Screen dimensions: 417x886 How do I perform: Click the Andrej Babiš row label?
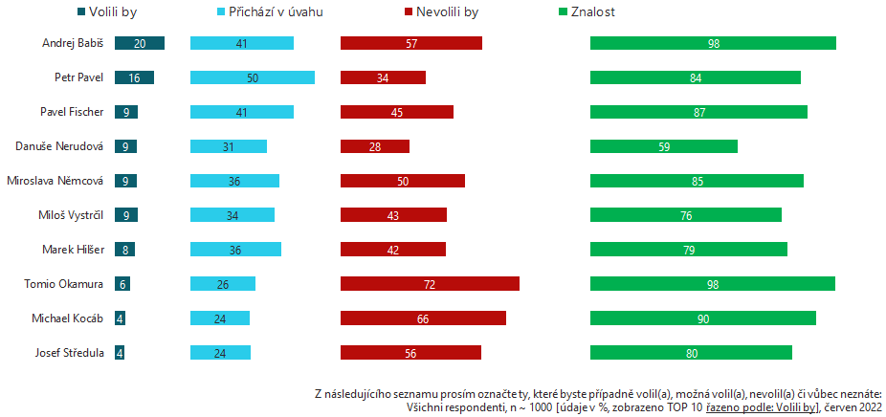(73, 43)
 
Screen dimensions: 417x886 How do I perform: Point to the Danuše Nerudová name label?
(59, 146)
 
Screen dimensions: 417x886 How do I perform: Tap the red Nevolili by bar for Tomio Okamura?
(430, 284)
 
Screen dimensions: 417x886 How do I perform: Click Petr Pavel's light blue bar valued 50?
(253, 77)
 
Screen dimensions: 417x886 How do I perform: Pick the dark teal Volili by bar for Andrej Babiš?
(139, 43)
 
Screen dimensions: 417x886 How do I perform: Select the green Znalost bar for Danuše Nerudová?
(664, 146)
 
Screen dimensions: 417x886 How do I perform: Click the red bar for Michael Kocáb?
(423, 318)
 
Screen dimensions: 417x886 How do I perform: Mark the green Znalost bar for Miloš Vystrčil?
(686, 215)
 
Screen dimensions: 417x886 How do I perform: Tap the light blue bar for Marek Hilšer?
(235, 250)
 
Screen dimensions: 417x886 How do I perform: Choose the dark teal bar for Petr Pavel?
(134, 77)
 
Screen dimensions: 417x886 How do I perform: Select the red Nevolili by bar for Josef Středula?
(410, 353)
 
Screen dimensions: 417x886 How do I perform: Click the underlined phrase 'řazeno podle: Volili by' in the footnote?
(761, 407)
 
